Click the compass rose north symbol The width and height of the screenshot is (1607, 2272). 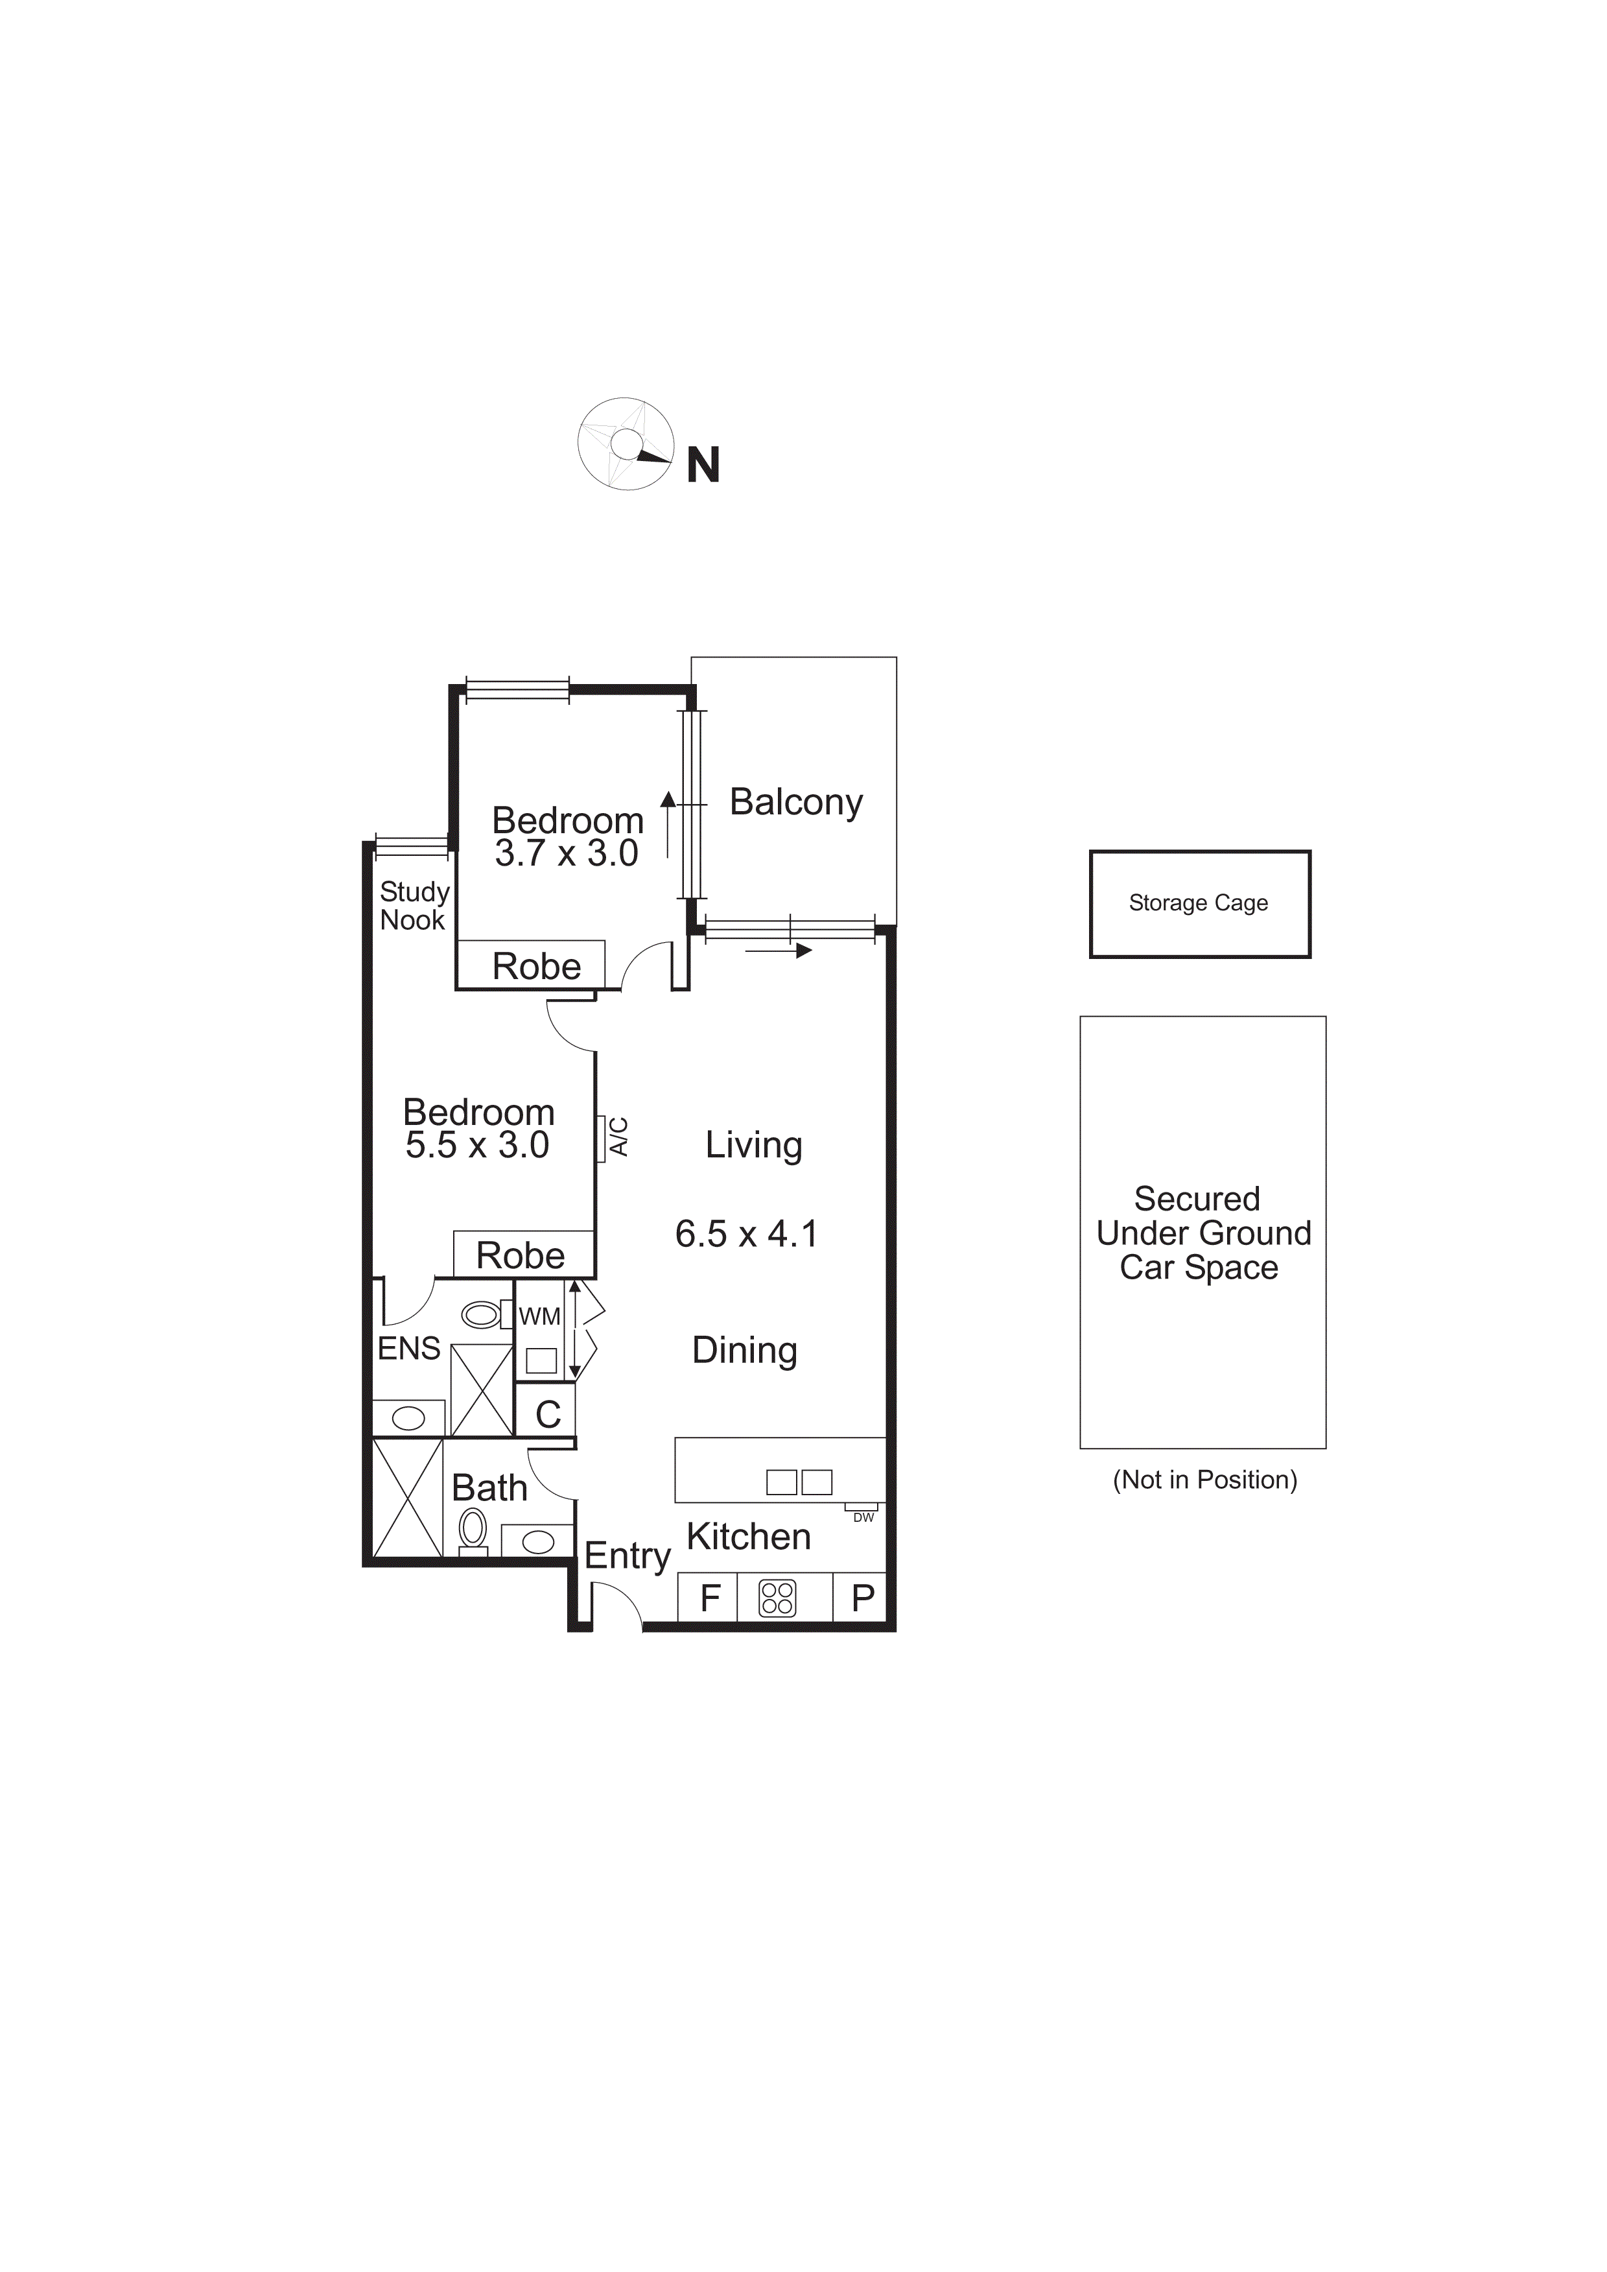pyautogui.click(x=626, y=444)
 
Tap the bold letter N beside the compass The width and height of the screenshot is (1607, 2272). pyautogui.click(x=703, y=465)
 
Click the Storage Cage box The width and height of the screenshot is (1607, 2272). pyautogui.click(x=1199, y=903)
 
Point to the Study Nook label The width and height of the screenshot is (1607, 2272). pyautogui.click(x=414, y=905)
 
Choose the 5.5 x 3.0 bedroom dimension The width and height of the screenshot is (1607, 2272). pyautogui.click(x=477, y=1145)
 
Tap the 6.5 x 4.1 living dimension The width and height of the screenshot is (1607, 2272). pyautogui.click(x=746, y=1234)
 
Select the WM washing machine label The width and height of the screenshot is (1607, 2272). pyautogui.click(x=539, y=1317)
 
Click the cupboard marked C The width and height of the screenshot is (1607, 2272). pyautogui.click(x=547, y=1414)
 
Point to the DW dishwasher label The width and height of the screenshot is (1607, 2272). pyautogui.click(x=863, y=1517)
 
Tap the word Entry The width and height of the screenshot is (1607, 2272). pyautogui.click(x=628, y=1556)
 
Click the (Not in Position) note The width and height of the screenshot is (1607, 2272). pyautogui.click(x=1204, y=1480)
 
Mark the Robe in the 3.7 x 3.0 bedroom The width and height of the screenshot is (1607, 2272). pyautogui.click(x=536, y=966)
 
